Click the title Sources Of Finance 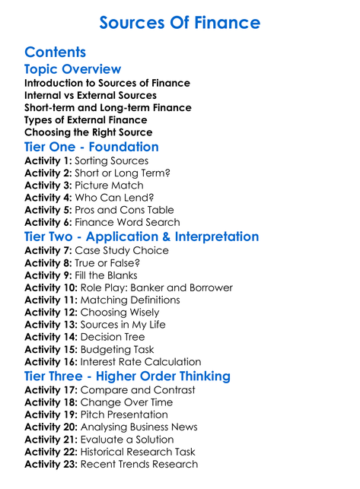[180, 22]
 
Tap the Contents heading [55, 52]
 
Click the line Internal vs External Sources [91, 95]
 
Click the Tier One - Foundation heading [91, 147]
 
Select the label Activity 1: [47, 161]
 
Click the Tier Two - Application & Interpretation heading [142, 237]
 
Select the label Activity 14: [50, 337]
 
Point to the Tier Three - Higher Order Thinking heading [128, 376]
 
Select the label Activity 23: [50, 463]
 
